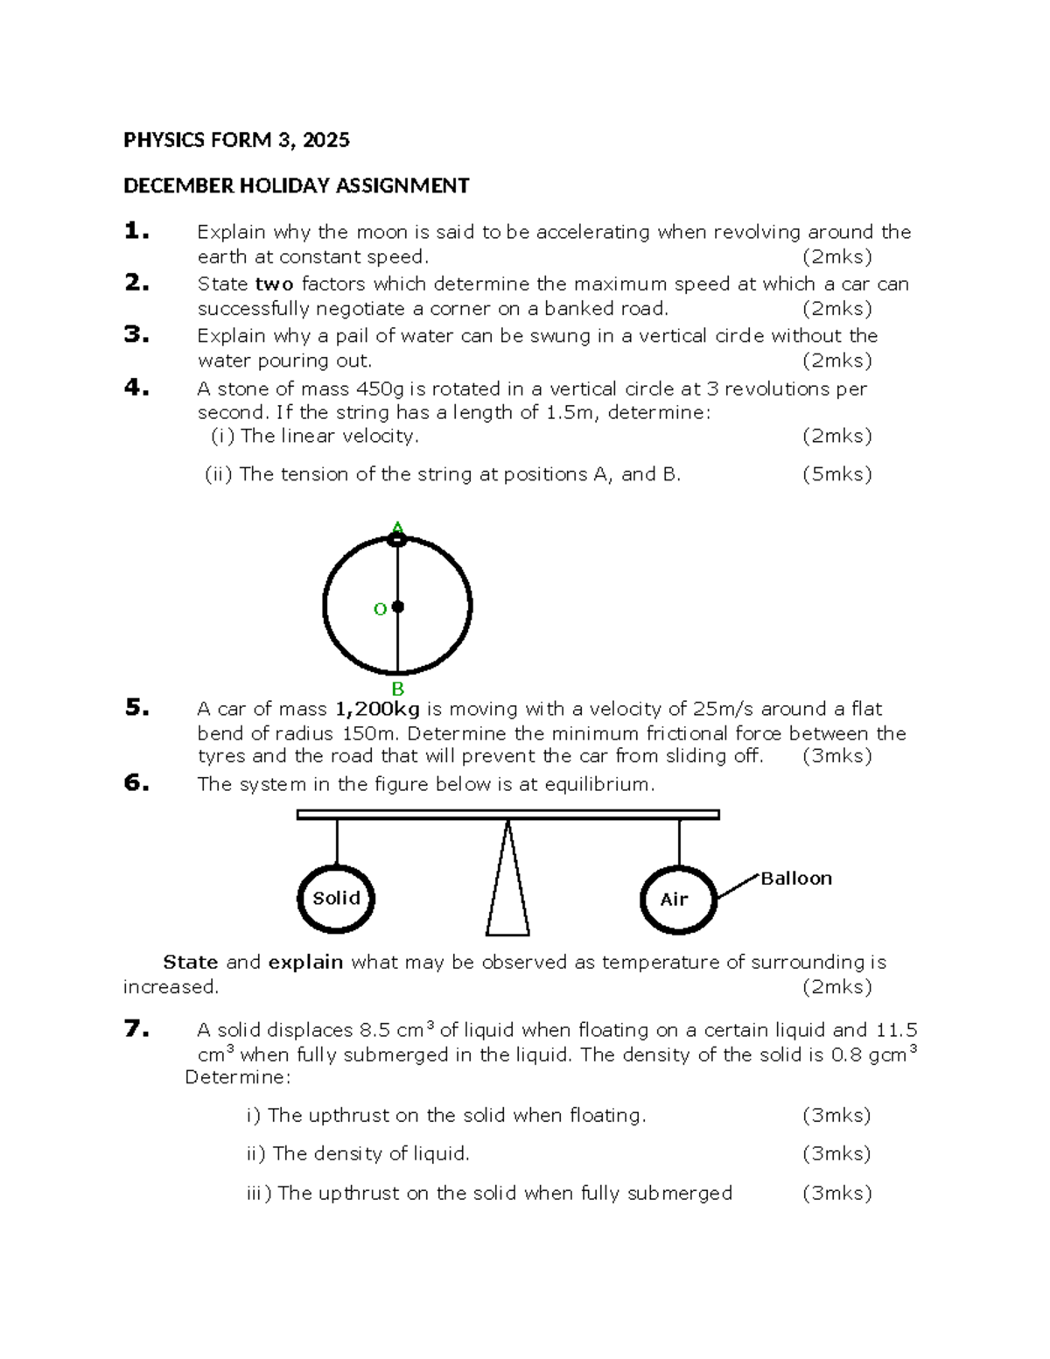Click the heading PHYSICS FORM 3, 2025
pyautogui.click(x=236, y=140)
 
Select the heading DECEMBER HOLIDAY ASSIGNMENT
pyautogui.click(x=296, y=186)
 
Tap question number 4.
pyautogui.click(x=136, y=387)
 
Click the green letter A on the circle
pyautogui.click(x=398, y=527)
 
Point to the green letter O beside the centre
pyautogui.click(x=380, y=609)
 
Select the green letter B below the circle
pyautogui.click(x=398, y=689)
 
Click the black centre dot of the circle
pyautogui.click(x=398, y=606)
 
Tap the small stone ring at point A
pyautogui.click(x=397, y=540)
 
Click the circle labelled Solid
pyautogui.click(x=336, y=899)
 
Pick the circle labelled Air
pyautogui.click(x=678, y=900)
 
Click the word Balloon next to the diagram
pyautogui.click(x=795, y=878)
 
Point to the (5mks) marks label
pyautogui.click(x=836, y=474)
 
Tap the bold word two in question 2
pyautogui.click(x=274, y=284)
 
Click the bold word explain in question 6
pyautogui.click(x=305, y=962)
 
